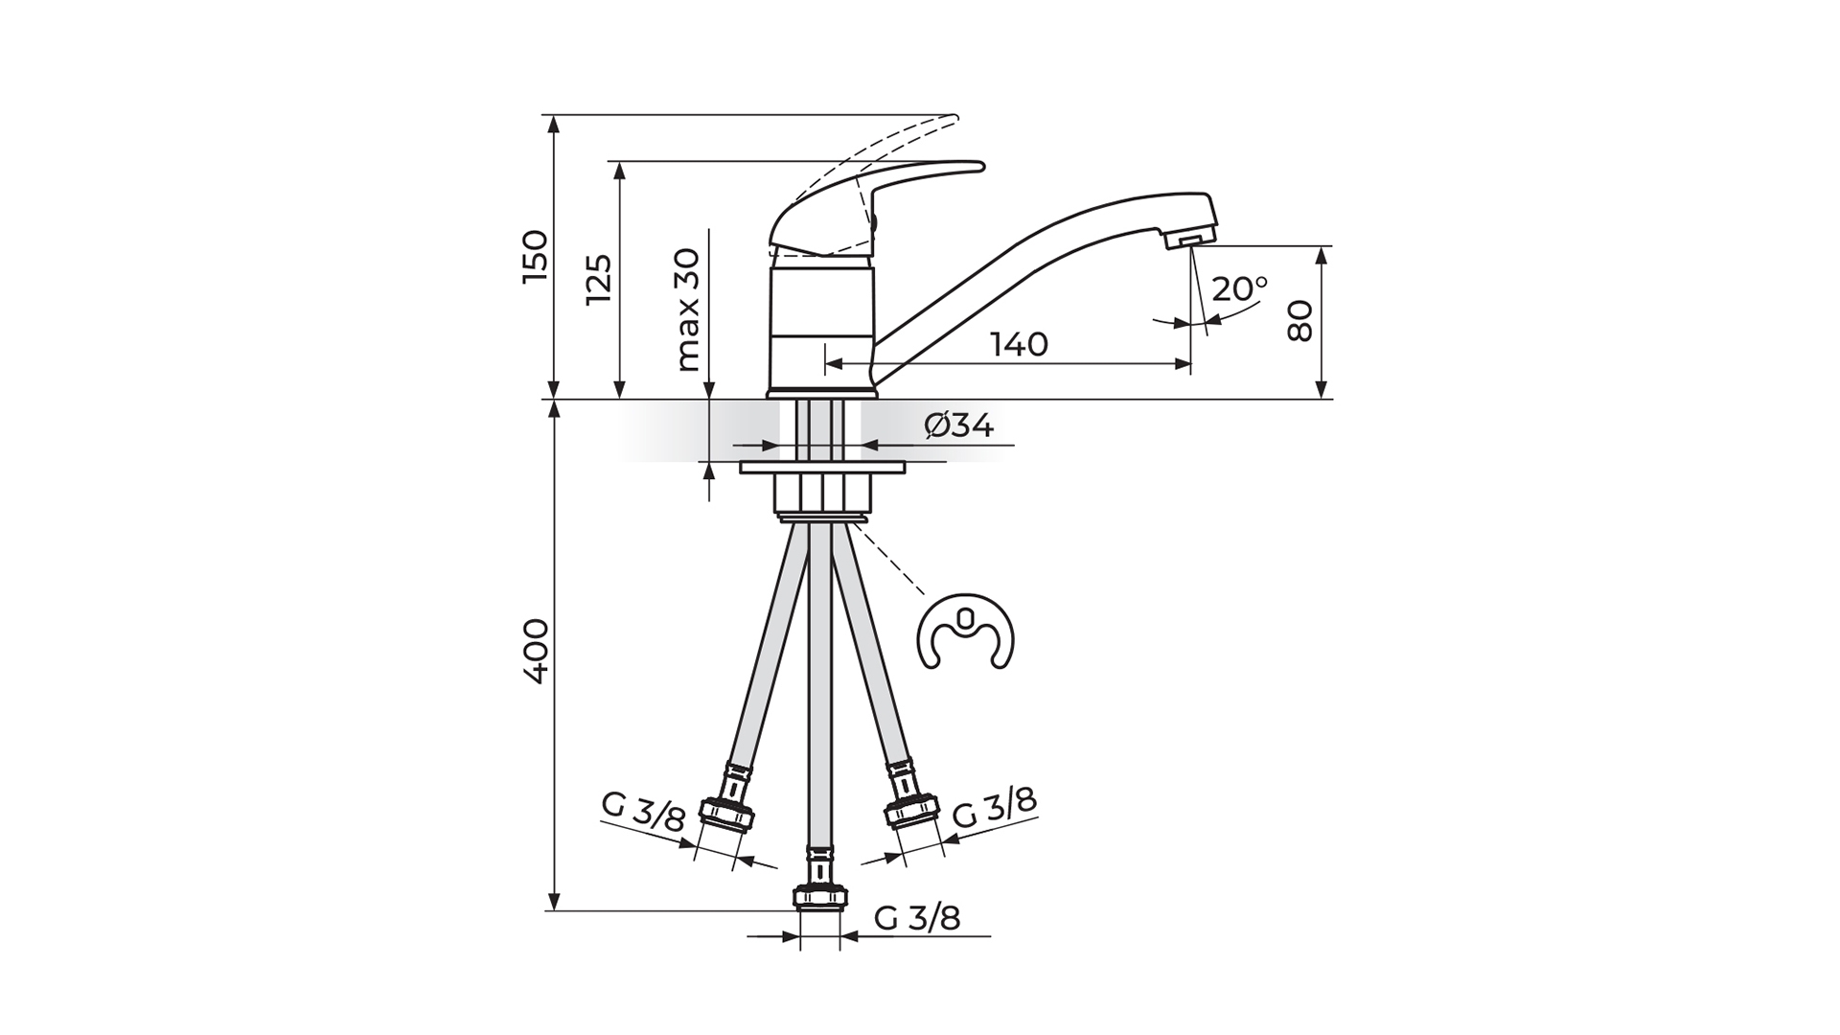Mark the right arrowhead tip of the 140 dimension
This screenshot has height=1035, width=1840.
[1190, 364]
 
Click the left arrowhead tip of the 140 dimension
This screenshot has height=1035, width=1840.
[825, 364]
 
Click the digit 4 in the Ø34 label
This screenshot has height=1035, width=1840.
[980, 426]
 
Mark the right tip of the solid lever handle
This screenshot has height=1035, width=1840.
[984, 167]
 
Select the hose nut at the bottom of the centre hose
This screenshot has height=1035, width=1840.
[819, 897]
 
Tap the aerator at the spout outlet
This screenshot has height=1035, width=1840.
[1188, 241]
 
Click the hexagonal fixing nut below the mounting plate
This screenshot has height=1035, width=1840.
[822, 494]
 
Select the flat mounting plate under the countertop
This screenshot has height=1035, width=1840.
[822, 469]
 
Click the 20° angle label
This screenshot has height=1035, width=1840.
[1239, 288]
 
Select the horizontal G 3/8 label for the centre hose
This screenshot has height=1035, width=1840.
[917, 918]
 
